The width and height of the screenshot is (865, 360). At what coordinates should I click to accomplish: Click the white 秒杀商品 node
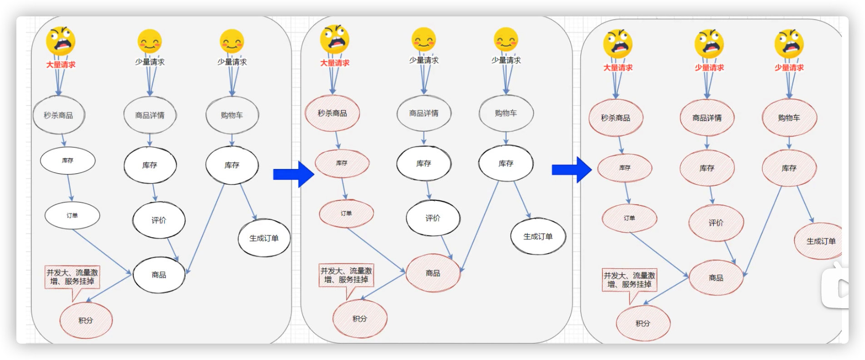click(x=59, y=115)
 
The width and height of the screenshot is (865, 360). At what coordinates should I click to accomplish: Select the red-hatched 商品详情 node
click(x=707, y=118)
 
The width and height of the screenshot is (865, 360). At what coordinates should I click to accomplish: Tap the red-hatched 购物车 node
click(x=789, y=118)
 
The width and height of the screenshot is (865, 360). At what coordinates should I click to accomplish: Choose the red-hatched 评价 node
click(x=716, y=223)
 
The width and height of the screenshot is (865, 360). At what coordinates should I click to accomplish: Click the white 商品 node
click(x=159, y=275)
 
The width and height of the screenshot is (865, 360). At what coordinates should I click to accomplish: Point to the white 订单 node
click(x=72, y=215)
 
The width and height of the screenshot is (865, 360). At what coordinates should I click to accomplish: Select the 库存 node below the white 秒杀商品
click(x=68, y=160)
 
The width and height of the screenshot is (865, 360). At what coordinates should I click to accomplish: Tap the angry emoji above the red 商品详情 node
click(x=709, y=44)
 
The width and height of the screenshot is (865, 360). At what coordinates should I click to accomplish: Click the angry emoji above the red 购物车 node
click(x=789, y=44)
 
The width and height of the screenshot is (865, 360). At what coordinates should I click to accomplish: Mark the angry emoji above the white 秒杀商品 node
click(x=60, y=41)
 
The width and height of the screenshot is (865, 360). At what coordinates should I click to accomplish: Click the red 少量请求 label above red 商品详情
click(x=709, y=67)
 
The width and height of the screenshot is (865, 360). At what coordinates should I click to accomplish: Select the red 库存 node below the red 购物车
click(x=789, y=168)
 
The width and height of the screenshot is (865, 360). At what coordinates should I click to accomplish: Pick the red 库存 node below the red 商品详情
click(x=707, y=168)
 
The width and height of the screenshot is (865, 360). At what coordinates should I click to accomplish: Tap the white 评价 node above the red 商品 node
click(x=433, y=218)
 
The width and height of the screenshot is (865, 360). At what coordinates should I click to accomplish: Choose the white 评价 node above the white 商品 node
click(x=159, y=220)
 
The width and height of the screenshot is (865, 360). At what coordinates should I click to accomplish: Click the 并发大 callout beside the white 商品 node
click(x=72, y=277)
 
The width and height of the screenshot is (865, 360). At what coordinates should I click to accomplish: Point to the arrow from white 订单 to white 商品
click(x=102, y=252)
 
